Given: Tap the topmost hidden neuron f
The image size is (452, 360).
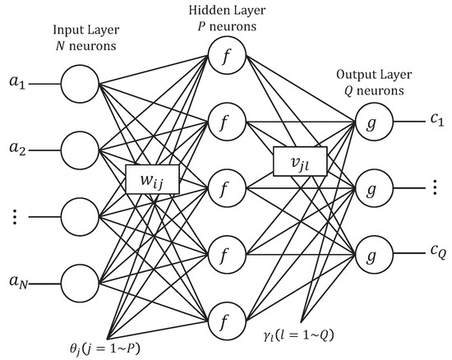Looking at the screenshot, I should coord(224,57).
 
